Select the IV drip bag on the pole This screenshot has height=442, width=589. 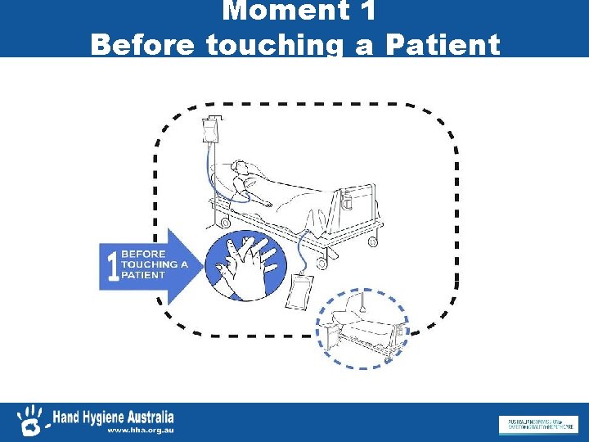[x=211, y=130]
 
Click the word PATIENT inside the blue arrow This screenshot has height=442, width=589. [x=143, y=276]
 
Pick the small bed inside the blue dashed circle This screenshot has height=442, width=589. [x=362, y=327]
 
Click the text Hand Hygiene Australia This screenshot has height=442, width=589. [x=113, y=417]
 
